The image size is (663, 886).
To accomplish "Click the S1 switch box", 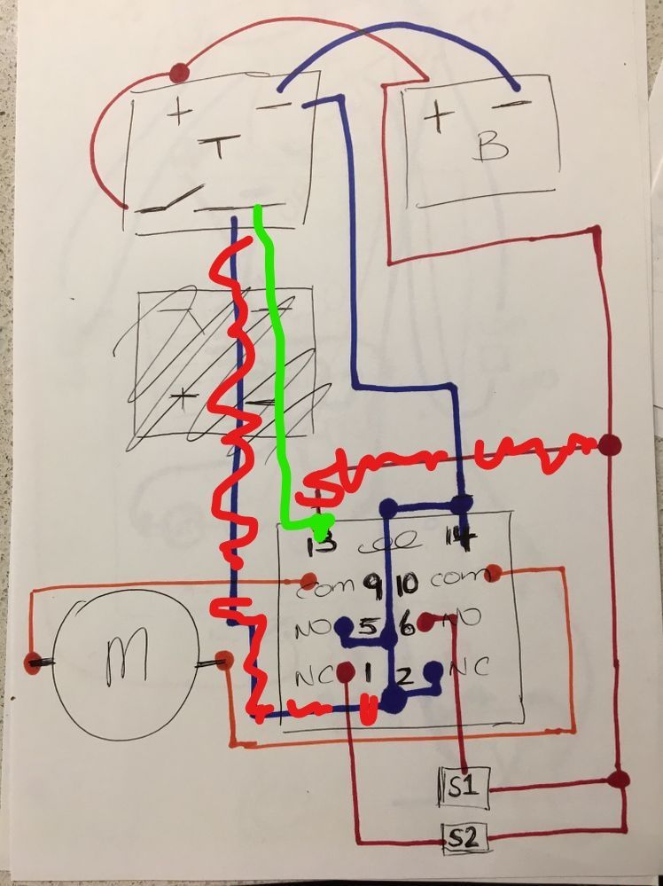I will pos(464,787).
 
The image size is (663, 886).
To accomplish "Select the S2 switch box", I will pos(466,835).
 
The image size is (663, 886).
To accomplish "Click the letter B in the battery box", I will pos(489,146).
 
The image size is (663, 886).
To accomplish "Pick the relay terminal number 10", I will pos(407,584).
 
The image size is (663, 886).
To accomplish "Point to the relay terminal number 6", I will pos(407,627).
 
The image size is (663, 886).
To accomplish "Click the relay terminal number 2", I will pos(403,676).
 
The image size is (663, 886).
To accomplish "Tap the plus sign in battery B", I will pos(438,118).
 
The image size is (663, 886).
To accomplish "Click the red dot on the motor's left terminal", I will pos(34,661).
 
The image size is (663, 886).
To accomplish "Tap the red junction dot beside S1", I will pos(620,780).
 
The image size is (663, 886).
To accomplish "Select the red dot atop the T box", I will pos(180,72).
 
